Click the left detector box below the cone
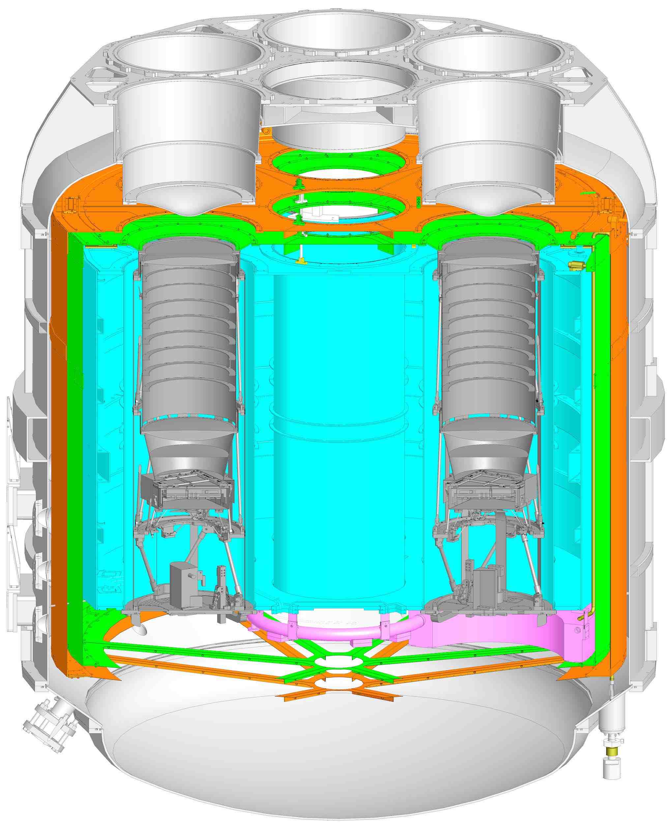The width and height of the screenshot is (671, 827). coord(188,491)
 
